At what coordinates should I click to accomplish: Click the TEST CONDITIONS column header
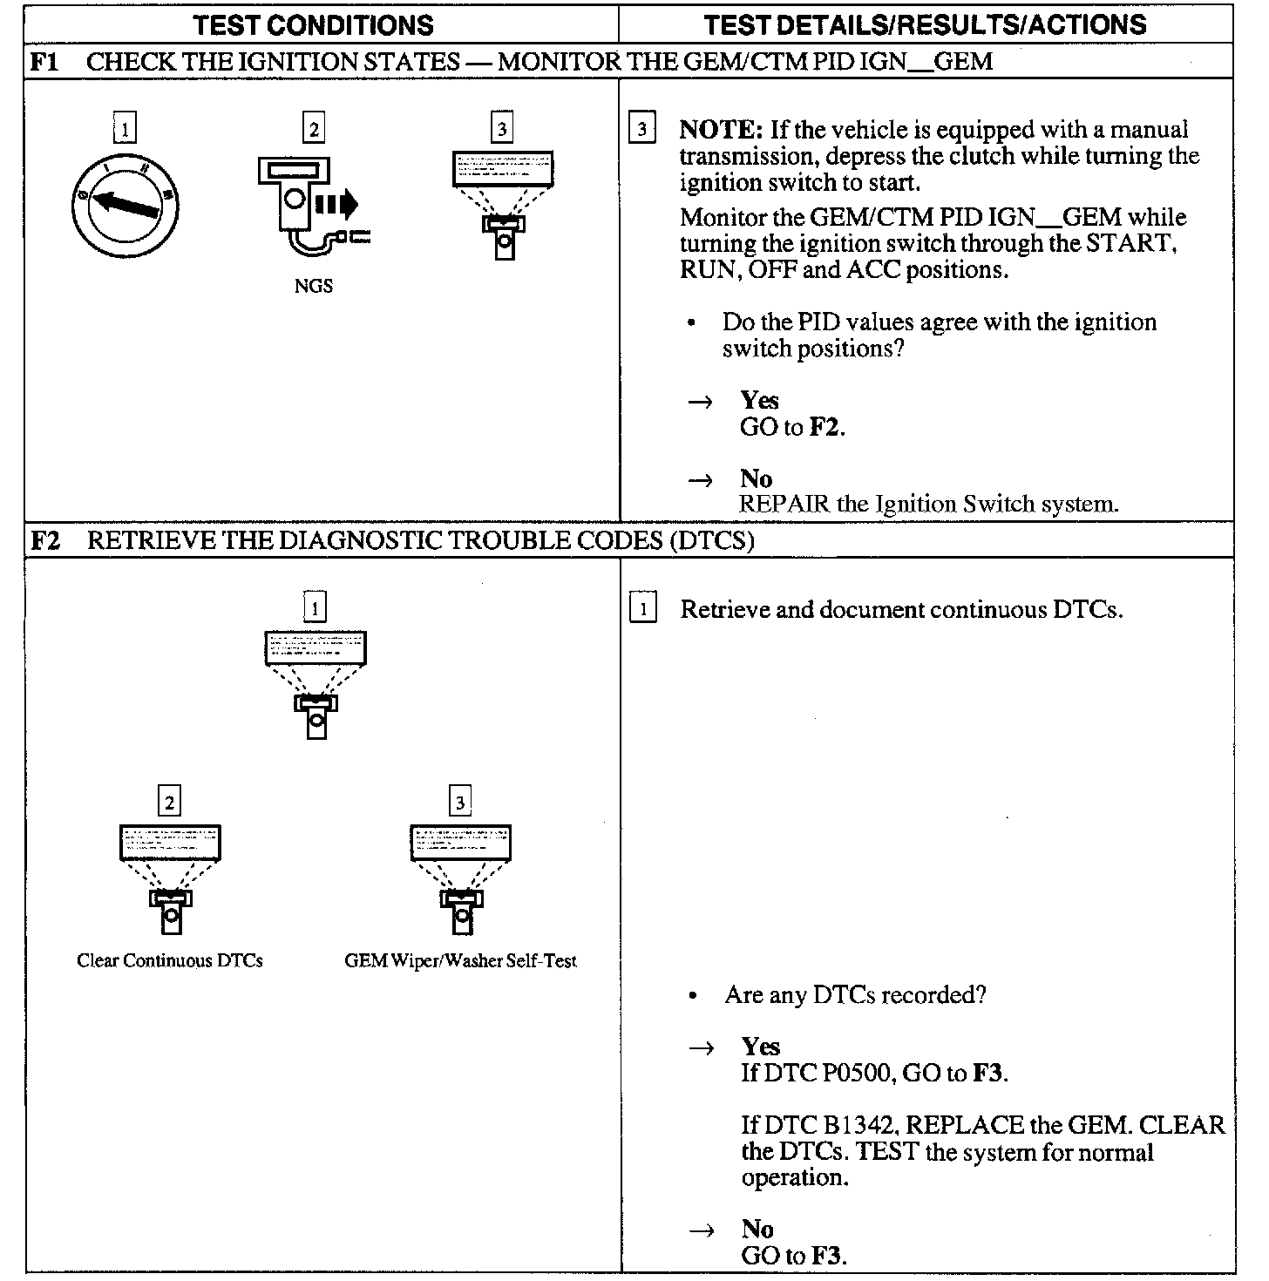point(313,24)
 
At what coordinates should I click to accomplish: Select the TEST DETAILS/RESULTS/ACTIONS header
point(925,24)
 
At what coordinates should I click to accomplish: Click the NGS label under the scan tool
point(313,286)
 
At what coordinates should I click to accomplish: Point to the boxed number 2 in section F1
point(312,130)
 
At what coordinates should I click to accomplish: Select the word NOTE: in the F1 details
point(721,131)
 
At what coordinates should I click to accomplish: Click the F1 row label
point(44,62)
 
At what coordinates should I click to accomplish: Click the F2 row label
point(45,541)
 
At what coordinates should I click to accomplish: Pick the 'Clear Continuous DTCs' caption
point(170,961)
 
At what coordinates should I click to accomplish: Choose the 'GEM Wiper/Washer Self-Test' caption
point(460,961)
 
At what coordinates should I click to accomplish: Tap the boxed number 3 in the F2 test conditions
point(460,801)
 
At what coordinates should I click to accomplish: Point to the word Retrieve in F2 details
point(724,610)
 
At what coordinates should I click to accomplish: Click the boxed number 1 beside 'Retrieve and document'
point(643,609)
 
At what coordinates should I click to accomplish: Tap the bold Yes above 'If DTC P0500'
point(760,1047)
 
